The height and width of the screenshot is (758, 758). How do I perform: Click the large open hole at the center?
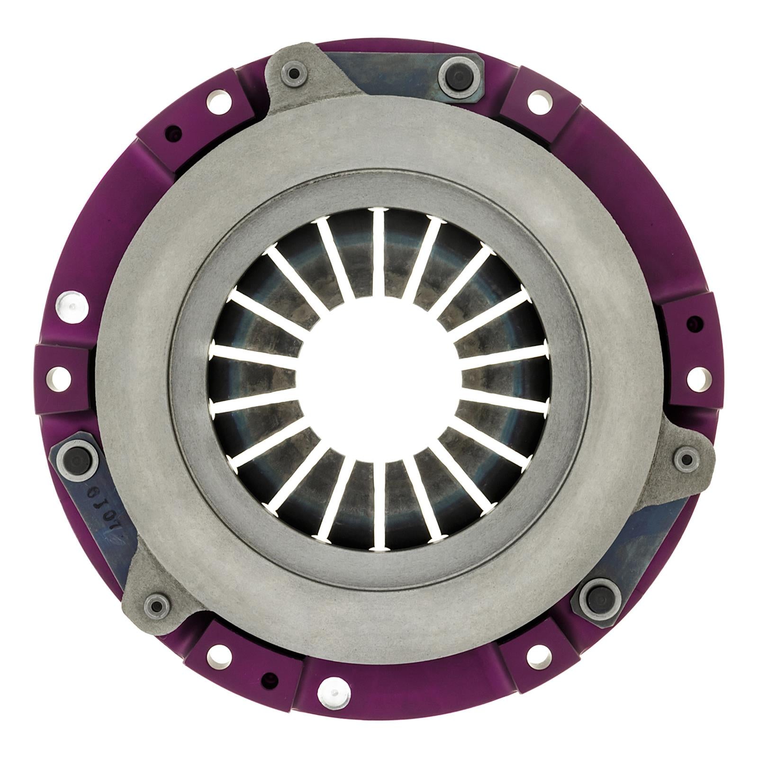379,379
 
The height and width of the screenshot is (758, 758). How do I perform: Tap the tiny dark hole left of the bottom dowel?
271,677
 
